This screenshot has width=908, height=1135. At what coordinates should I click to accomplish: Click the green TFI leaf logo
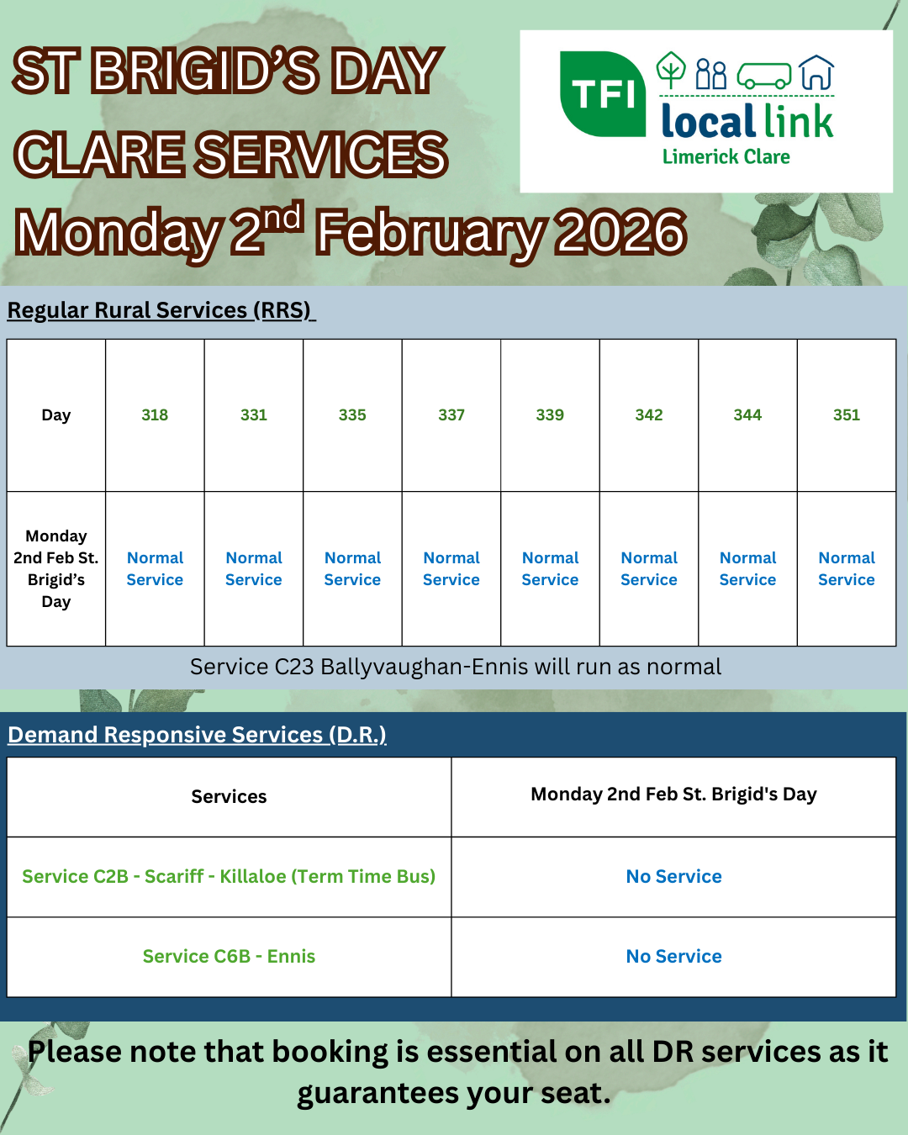click(x=603, y=94)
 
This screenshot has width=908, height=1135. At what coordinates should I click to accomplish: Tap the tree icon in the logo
click(x=671, y=70)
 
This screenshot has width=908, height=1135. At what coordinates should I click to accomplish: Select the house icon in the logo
click(x=816, y=72)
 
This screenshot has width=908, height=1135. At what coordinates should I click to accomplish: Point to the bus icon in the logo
click(x=764, y=76)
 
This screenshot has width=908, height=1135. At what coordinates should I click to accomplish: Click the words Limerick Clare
click(x=726, y=156)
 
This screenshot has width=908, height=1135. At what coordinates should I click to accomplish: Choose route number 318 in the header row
click(x=155, y=414)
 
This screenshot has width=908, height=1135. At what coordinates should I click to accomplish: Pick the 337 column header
click(x=451, y=414)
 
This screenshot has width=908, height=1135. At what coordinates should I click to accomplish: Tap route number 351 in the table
click(x=847, y=414)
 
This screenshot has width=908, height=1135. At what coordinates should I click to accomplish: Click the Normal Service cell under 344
click(x=747, y=568)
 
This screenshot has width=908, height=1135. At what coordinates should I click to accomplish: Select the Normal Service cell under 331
click(x=254, y=568)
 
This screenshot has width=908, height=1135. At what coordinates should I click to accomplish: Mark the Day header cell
click(x=56, y=415)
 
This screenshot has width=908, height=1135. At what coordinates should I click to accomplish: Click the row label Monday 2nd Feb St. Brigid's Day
click(x=56, y=568)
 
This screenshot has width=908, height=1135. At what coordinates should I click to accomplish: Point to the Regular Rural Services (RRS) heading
click(x=161, y=310)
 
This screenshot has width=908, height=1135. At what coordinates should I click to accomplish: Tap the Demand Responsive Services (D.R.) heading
click(x=197, y=735)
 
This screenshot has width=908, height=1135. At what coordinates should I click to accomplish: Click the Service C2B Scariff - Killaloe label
click(x=229, y=876)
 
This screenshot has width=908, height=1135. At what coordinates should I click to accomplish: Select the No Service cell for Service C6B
click(x=673, y=956)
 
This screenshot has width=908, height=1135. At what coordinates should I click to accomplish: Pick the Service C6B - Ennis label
click(x=229, y=956)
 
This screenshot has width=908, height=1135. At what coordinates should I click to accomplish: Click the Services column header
click(x=229, y=796)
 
